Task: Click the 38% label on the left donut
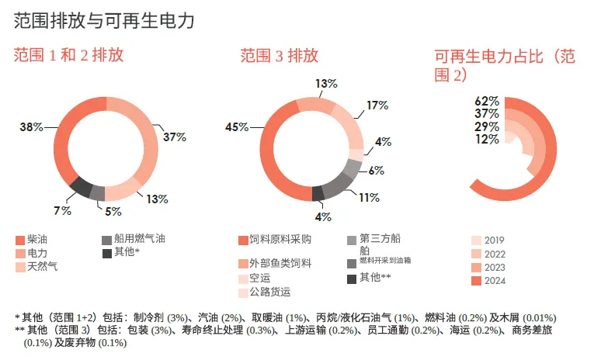pos(31,126)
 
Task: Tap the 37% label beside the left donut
pos(175,137)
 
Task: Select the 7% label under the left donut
pos(62,210)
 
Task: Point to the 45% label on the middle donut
pos(237,126)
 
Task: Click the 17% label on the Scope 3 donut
pos(377,106)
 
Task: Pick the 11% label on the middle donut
pos(369,198)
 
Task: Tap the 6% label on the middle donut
pos(376,171)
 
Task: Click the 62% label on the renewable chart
pos(487,101)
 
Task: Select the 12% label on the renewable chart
pos(487,139)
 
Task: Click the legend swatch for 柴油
pos(20,240)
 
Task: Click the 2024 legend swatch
pos(476,281)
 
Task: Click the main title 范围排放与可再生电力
pos(104,20)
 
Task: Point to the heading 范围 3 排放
pos(279,56)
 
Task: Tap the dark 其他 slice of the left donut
pos(82,187)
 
